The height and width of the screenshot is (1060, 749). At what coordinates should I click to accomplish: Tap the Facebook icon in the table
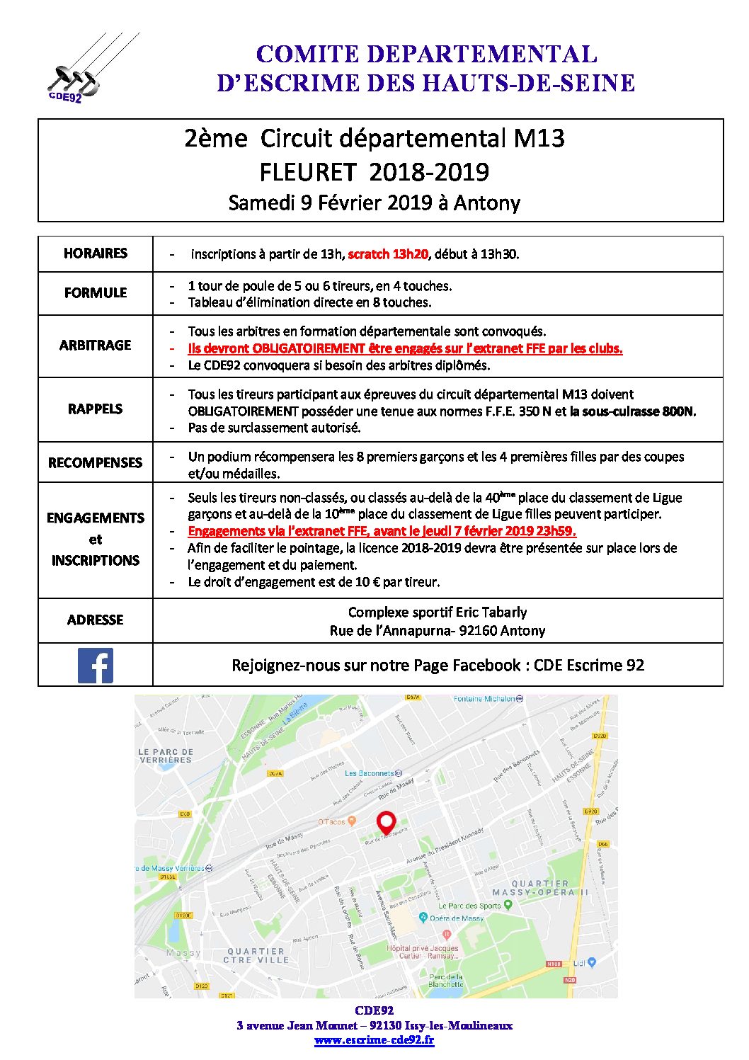96,666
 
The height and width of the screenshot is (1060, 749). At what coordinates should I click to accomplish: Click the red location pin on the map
386,823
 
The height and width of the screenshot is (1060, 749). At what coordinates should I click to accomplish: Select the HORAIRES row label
96,253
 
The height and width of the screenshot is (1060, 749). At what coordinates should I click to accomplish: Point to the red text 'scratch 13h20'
388,254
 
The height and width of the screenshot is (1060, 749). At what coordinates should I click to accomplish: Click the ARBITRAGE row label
96,346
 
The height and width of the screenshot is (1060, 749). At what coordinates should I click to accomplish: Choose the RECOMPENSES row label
96,463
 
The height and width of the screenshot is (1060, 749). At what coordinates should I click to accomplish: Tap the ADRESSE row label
96,620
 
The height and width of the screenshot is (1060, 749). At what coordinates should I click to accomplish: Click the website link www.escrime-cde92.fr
374,1040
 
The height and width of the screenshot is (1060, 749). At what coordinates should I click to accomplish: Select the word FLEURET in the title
305,172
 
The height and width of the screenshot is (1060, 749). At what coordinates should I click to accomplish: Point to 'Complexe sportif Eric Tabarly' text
438,612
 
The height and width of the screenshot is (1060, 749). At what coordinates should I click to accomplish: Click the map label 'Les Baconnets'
370,773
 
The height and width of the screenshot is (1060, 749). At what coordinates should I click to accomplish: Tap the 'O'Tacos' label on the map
332,822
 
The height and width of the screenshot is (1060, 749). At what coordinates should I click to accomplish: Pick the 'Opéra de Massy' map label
457,918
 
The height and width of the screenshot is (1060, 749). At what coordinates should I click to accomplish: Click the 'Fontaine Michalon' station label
485,699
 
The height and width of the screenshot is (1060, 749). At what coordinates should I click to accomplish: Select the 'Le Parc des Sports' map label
469,906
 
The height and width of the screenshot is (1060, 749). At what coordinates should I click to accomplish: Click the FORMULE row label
96,293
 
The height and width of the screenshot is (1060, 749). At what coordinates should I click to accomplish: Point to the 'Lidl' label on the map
580,963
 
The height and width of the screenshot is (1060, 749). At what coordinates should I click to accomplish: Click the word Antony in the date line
487,204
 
